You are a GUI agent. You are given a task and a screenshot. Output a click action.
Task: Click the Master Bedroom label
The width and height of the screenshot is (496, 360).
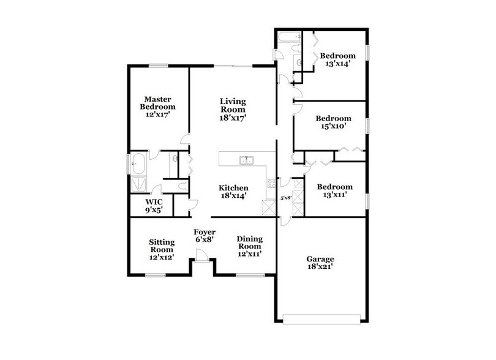coord(157,106)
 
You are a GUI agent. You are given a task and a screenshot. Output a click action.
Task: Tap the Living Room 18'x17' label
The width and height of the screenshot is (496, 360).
coord(233,109)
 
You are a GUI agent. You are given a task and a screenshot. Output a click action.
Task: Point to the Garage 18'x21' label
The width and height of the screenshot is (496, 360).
coord(320,263)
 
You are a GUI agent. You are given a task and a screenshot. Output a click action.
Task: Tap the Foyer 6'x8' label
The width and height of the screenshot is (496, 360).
coord(203,236)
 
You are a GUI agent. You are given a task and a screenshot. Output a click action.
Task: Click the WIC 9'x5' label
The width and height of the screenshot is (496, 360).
coord(153,205)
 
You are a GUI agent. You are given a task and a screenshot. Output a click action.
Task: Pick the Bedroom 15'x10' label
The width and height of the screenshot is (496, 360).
coord(333,122)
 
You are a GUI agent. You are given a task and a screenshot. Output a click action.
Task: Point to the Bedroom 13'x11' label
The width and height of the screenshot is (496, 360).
coord(334,190)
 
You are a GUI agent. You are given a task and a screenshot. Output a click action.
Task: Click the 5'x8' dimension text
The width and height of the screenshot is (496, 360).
coord(285,198)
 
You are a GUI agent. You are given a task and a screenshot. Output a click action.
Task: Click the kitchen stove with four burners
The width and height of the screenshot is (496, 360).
coord(270,182)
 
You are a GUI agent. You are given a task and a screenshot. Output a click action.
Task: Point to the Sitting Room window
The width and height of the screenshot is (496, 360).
coord(155,275)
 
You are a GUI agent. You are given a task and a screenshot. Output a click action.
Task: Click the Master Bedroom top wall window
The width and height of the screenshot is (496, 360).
coord(159,66)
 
